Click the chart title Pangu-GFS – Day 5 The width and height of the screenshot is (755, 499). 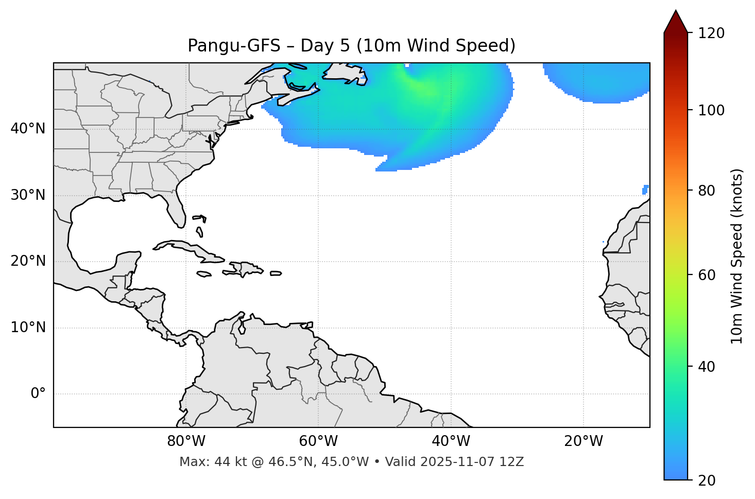[351, 46]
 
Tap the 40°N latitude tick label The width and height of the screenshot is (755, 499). [28, 129]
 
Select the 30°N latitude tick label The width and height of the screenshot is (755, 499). [28, 195]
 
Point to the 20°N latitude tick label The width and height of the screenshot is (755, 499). [28, 261]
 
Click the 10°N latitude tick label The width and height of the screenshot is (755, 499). [28, 328]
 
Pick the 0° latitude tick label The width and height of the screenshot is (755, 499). [38, 394]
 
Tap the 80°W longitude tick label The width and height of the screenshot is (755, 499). [186, 441]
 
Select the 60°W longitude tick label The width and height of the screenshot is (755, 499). [318, 441]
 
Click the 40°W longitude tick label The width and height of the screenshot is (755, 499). [451, 441]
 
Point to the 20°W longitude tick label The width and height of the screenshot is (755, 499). [584, 441]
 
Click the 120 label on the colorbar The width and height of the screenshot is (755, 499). [711, 33]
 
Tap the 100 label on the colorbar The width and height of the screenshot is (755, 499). [711, 110]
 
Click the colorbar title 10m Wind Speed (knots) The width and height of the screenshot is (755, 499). [737, 256]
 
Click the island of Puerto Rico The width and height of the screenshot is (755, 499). [276, 273]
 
